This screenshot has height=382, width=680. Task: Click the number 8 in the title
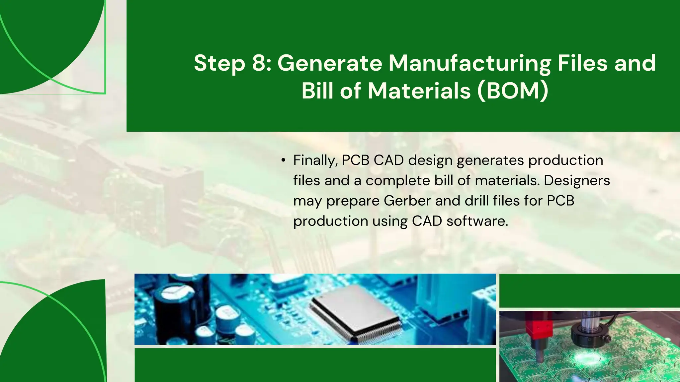259,63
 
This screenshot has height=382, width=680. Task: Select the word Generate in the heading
330,63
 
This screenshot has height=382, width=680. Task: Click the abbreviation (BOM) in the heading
513,91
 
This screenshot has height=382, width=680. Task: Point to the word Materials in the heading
419,91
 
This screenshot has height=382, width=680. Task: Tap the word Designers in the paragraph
577,181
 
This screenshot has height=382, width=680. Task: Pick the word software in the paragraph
477,221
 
